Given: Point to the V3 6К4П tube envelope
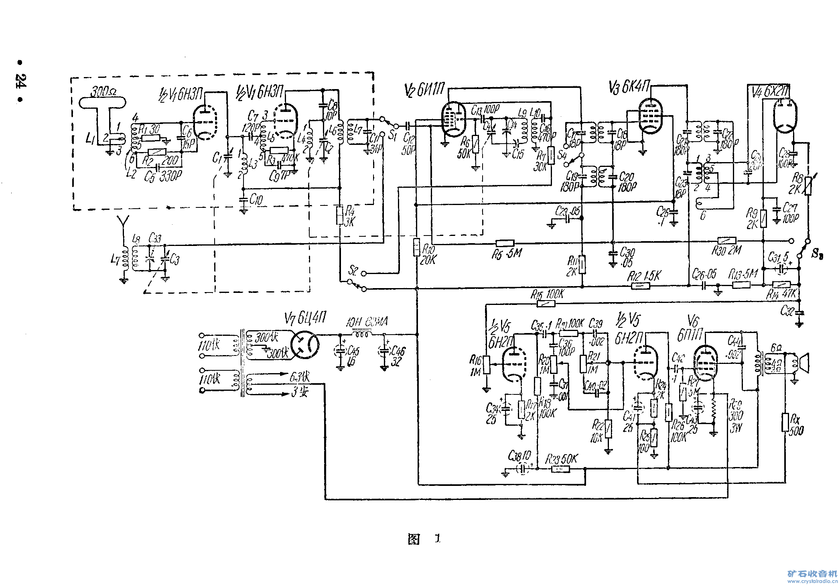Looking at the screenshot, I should pyautogui.click(x=650, y=116).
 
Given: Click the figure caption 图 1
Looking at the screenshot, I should pyautogui.click(x=424, y=539).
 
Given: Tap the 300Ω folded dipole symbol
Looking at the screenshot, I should pyautogui.click(x=102, y=103).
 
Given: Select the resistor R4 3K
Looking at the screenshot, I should pyautogui.click(x=340, y=215).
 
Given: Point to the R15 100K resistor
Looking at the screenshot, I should pyautogui.click(x=546, y=304).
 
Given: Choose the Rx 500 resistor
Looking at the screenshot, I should pyautogui.click(x=785, y=422).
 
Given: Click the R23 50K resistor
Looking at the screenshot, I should pyautogui.click(x=560, y=469).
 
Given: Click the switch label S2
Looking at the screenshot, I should pyautogui.click(x=353, y=270).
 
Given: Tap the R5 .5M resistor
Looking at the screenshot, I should pyautogui.click(x=505, y=243).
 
